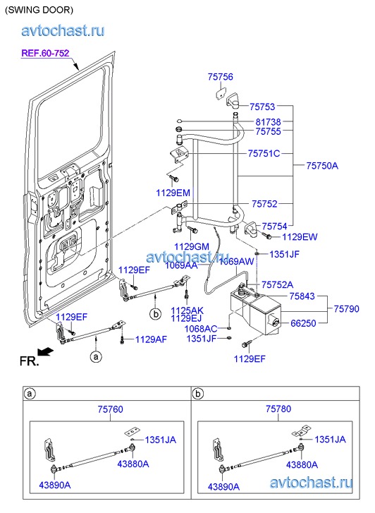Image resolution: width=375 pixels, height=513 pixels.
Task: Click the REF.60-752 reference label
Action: (x=45, y=53)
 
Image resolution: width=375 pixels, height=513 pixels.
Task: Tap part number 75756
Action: (x=221, y=77)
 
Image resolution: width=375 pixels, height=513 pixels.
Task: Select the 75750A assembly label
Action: (x=322, y=166)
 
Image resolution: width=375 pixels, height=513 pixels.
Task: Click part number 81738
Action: (x=268, y=122)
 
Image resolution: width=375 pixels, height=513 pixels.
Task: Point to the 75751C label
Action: (x=264, y=153)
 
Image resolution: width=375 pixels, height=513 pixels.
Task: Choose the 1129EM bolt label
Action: (x=173, y=193)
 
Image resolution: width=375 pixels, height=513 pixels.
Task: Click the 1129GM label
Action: (x=192, y=247)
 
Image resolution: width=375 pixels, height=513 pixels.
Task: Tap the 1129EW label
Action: (x=300, y=236)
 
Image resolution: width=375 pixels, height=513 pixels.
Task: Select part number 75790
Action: (x=347, y=309)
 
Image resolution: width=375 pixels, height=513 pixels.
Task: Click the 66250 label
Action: (x=303, y=323)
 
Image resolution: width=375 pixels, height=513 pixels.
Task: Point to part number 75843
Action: (x=302, y=296)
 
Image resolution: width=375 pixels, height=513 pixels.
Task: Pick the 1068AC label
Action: (x=201, y=329)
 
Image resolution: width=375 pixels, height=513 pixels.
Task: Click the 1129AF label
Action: (x=151, y=339)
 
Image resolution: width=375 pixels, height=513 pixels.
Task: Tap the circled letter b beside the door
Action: (x=156, y=314)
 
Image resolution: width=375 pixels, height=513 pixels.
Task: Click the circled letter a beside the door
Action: (x=96, y=356)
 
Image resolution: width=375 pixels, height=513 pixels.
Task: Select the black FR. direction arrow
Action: (x=45, y=351)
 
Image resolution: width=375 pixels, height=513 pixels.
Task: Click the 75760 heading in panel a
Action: (x=111, y=409)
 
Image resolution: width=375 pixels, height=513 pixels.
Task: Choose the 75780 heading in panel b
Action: (x=278, y=409)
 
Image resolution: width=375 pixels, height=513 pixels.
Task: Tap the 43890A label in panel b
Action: (x=223, y=487)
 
